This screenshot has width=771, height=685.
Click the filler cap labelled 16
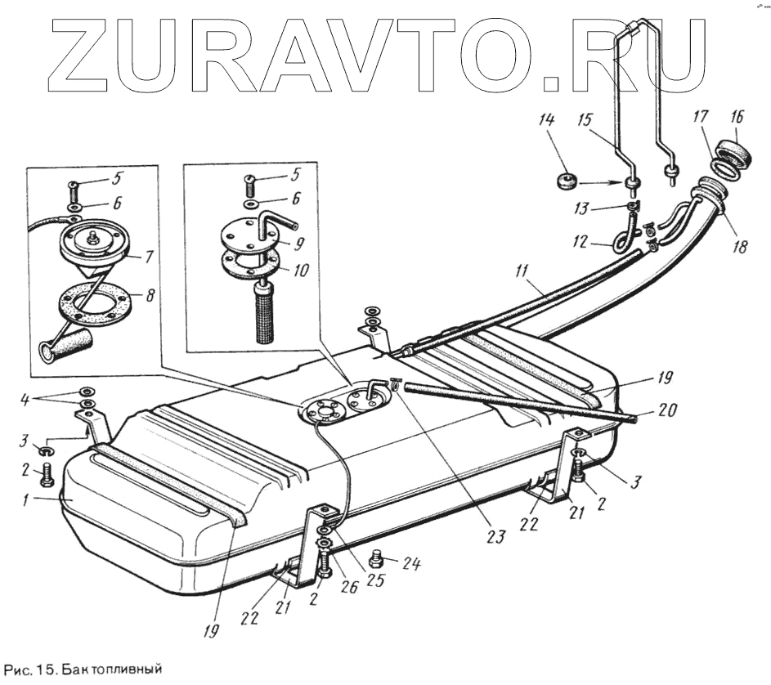coord(730,152)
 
